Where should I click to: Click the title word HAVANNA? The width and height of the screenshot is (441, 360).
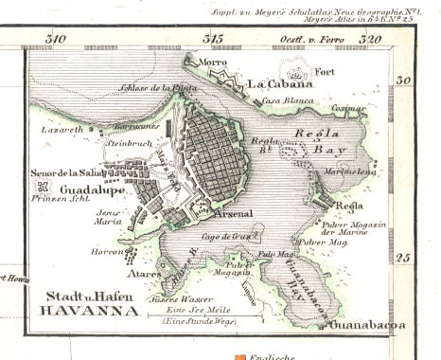[86, 311]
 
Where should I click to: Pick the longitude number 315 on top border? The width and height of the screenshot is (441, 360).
[214, 39]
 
